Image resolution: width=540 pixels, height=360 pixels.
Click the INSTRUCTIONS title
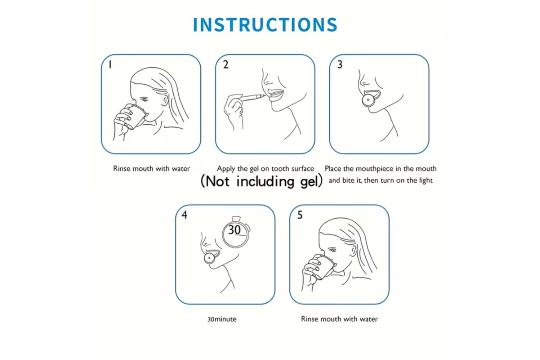pyautogui.click(x=265, y=25)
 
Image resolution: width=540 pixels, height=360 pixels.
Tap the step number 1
pyautogui.click(x=110, y=65)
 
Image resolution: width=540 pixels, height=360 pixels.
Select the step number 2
pyautogui.click(x=225, y=65)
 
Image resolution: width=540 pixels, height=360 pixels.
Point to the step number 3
pyautogui.click(x=340, y=65)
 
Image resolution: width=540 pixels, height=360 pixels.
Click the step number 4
pyautogui.click(x=184, y=215)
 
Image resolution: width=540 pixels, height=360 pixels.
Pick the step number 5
pyautogui.click(x=300, y=215)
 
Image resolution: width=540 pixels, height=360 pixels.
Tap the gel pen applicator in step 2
pyautogui.click(x=252, y=97)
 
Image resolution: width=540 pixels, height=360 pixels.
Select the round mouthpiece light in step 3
pyautogui.click(x=369, y=100)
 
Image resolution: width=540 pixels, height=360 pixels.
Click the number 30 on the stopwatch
pyautogui.click(x=234, y=230)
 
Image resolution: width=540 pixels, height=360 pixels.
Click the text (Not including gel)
pyautogui.click(x=261, y=181)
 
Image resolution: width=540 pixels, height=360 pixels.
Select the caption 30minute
pyautogui.click(x=222, y=319)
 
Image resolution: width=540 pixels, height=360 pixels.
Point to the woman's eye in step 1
pyautogui.click(x=144, y=99)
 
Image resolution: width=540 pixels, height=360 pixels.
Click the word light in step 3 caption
pyautogui.click(x=426, y=180)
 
